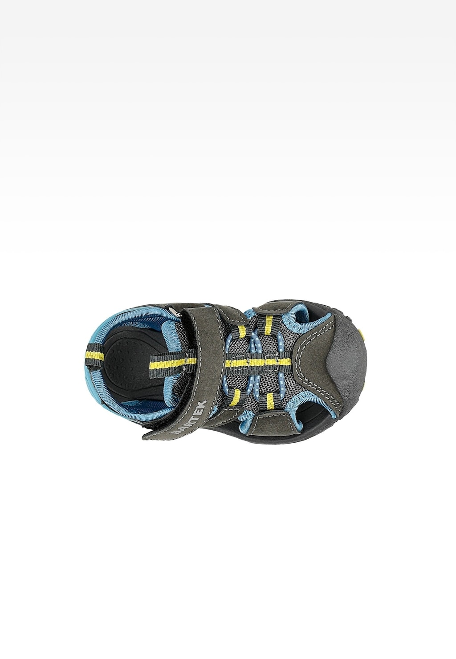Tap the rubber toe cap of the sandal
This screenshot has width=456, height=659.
348,360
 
